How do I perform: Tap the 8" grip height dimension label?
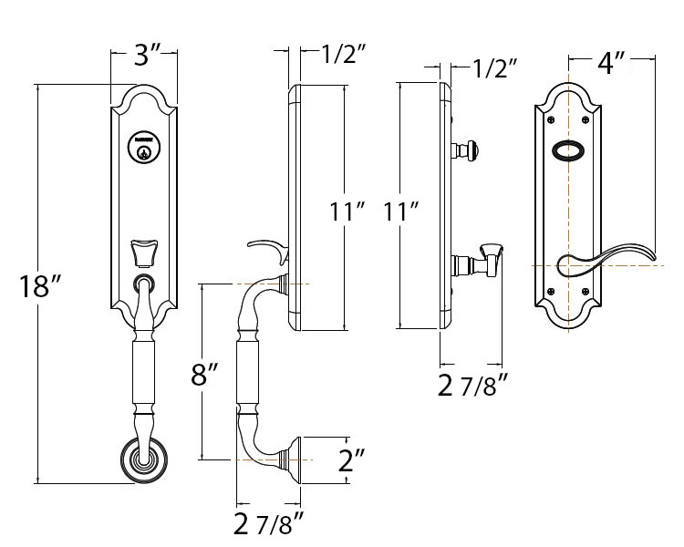tap(206, 376)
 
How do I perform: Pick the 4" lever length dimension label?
tap(611, 63)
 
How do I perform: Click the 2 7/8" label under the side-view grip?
tap(268, 524)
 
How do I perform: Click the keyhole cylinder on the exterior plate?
tap(143, 150)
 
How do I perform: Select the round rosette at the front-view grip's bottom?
tap(142, 460)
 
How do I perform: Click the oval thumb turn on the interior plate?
tap(569, 150)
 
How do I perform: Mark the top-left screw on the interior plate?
tap(551, 119)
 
